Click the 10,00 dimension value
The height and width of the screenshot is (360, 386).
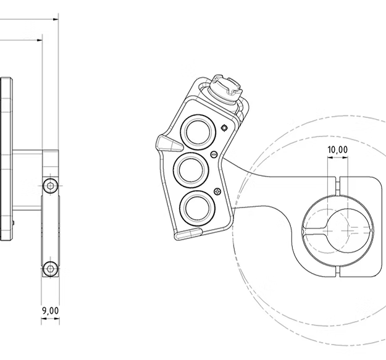(337, 149)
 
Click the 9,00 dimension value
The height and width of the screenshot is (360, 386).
(51, 311)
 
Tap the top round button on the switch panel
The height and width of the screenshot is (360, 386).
(198, 132)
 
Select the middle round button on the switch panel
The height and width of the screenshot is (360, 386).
(191, 170)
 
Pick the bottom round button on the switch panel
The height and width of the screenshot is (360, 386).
(198, 209)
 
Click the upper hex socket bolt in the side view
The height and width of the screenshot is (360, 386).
(51, 186)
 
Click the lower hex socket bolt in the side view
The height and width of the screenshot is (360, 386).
(51, 269)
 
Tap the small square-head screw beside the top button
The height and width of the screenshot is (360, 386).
(224, 128)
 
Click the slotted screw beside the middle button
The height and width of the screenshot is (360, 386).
(214, 154)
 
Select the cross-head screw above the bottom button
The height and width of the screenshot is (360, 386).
(217, 191)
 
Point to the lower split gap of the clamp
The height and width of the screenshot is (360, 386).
(338, 271)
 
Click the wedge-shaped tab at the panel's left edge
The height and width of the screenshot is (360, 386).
(169, 143)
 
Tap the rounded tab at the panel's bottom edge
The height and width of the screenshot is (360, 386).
(188, 234)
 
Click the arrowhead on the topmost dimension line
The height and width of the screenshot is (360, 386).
(56, 19)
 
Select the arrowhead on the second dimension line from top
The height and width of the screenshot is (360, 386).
(40, 40)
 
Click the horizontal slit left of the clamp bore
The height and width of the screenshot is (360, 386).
(316, 231)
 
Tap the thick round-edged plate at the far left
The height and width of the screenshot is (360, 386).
(6, 159)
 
